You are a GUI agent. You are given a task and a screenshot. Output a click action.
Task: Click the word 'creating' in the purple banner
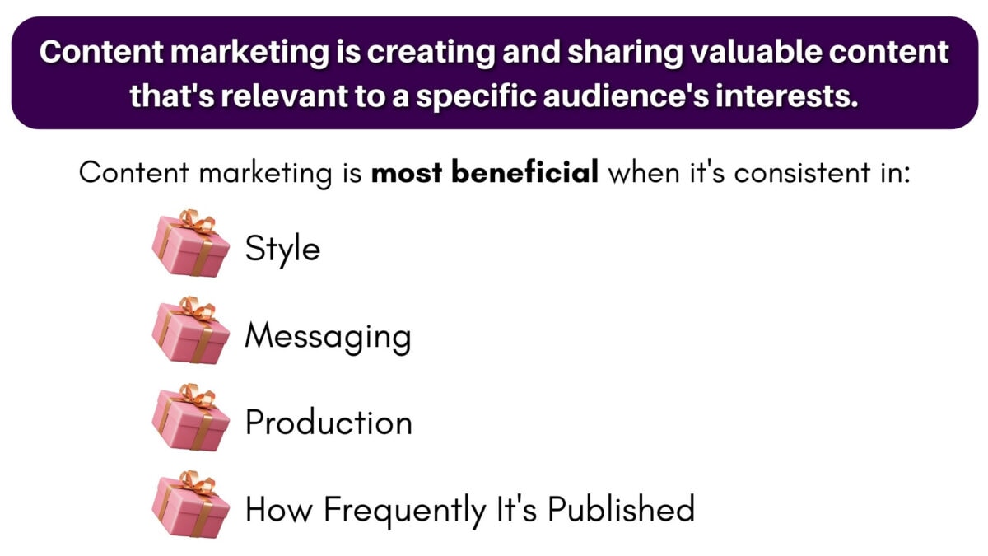[x=408, y=53]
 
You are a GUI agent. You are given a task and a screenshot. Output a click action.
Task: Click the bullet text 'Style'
[x=282, y=249]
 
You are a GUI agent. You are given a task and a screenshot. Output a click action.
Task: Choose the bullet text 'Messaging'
[x=328, y=337]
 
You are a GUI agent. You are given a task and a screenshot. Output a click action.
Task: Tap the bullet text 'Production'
[x=329, y=423]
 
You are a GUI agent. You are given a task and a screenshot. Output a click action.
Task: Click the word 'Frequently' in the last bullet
[x=403, y=510]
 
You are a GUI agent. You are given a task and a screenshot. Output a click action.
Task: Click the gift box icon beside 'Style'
[x=189, y=244]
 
